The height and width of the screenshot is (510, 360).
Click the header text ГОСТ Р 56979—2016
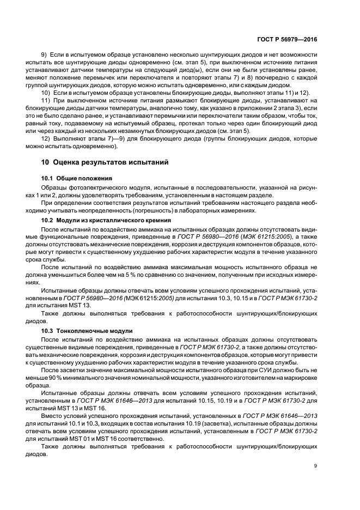[287, 40]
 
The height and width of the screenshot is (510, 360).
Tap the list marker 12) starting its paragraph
[48, 138]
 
